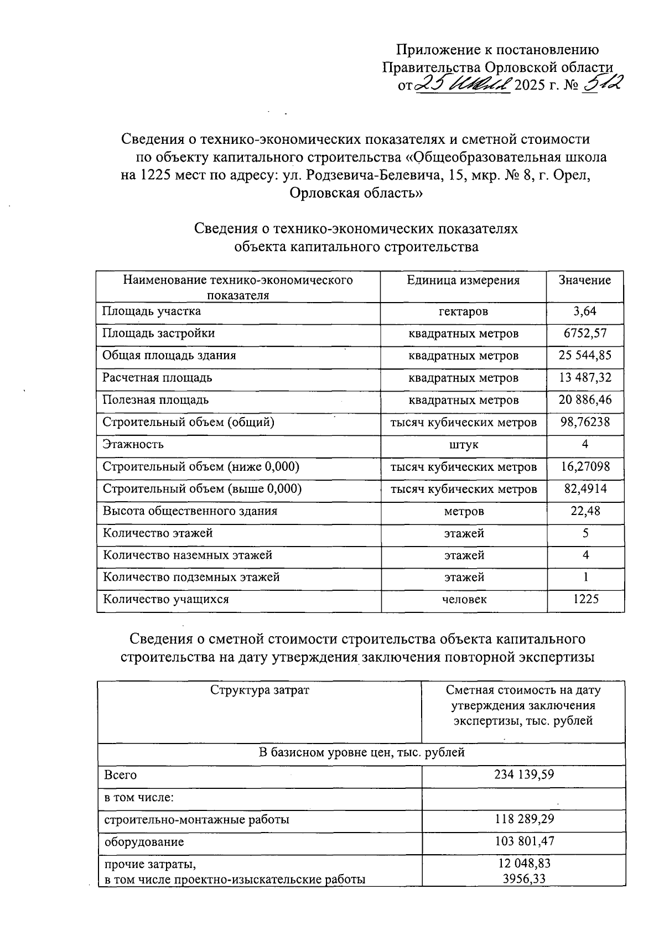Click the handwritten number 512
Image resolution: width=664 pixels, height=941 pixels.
[603, 84]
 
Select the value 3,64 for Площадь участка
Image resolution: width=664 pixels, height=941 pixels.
[585, 311]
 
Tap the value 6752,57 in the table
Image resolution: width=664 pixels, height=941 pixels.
[585, 334]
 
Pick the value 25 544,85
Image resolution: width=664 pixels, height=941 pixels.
[585, 356]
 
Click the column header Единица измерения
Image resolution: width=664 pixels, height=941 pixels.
[463, 280]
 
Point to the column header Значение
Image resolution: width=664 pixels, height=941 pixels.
[585, 280]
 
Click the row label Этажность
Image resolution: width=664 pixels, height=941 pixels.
[133, 444]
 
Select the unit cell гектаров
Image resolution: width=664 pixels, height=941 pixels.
[463, 312]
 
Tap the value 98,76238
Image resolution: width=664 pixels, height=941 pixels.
[585, 422]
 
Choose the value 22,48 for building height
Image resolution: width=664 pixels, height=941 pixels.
[585, 511]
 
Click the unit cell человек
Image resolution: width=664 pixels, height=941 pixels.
[464, 600]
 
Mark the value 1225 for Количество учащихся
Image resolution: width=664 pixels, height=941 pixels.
[585, 600]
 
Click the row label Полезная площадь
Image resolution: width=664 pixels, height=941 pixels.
[155, 400]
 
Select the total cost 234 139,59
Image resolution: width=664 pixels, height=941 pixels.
[523, 775]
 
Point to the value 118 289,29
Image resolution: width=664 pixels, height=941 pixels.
[523, 819]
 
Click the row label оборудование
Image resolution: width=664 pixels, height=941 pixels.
[144, 842]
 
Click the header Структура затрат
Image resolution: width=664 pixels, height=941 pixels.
[260, 690]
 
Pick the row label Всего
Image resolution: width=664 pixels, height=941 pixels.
[120, 775]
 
